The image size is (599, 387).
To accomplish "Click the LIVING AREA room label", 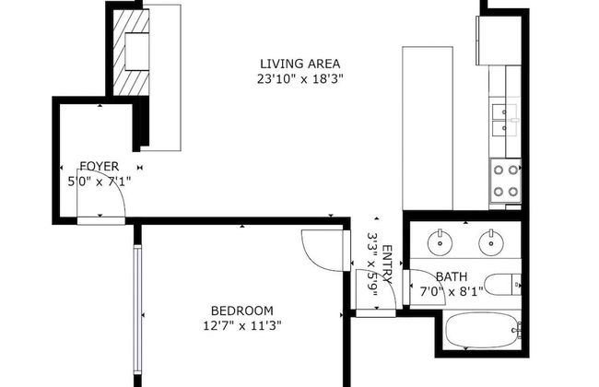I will point(299,64).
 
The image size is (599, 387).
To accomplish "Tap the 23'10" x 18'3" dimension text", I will point(299,79).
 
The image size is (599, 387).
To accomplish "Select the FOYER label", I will point(99,167).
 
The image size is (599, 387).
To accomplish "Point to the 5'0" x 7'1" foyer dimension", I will point(100,182).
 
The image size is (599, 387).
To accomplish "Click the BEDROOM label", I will point(241,310).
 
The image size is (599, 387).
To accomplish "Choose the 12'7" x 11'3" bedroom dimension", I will point(241,324).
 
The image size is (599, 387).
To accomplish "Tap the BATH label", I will point(452,276).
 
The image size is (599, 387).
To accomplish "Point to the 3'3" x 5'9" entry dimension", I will point(372,262).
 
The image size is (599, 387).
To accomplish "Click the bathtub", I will point(481,330).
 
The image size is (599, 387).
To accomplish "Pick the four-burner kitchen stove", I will point(504,180).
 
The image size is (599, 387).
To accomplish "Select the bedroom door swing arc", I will point(318,249).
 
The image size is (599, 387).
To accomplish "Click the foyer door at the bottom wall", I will point(101,218).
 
